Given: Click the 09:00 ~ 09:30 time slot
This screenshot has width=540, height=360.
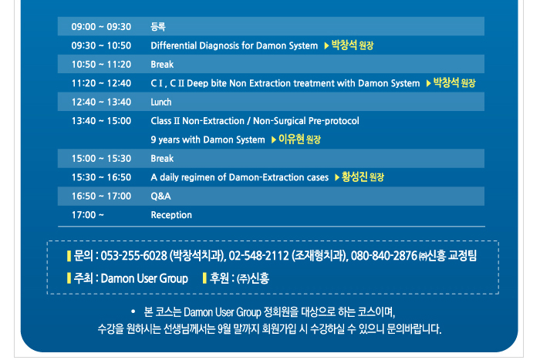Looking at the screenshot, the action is pyautogui.click(x=101, y=26).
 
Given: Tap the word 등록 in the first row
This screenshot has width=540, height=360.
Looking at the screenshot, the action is pyautogui.click(x=158, y=26).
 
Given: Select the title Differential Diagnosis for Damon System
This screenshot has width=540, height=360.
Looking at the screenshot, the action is pyautogui.click(x=235, y=45).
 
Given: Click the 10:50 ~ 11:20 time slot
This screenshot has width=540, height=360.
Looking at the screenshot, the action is pyautogui.click(x=101, y=64).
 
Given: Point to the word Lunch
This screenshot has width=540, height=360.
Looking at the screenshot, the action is pyautogui.click(x=160, y=102).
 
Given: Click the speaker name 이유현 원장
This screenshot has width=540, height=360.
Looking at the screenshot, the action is pyautogui.click(x=299, y=140).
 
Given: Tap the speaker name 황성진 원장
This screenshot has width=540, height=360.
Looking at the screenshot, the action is pyautogui.click(x=363, y=177).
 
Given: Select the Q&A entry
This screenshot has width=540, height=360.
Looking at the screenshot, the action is pyautogui.click(x=160, y=196).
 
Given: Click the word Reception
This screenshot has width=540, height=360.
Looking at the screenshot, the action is pyautogui.click(x=171, y=215).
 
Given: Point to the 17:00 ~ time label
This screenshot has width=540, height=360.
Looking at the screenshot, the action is pyautogui.click(x=87, y=215).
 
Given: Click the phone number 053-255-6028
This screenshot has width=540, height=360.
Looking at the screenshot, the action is pyautogui.click(x=134, y=256).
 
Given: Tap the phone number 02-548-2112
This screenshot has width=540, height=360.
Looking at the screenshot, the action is pyautogui.click(x=258, y=256).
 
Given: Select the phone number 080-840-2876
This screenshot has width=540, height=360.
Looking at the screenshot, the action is pyautogui.click(x=384, y=256).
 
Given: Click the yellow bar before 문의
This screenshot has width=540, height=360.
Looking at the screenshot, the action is pyautogui.click(x=69, y=256).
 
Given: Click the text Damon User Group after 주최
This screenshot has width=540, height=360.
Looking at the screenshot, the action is pyautogui.click(x=144, y=278).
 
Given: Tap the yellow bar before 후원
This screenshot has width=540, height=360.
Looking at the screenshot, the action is pyautogui.click(x=204, y=278).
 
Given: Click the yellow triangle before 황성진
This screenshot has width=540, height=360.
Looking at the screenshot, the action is pyautogui.click(x=337, y=177).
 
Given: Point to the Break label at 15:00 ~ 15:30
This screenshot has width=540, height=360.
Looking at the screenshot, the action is pyautogui.click(x=162, y=158).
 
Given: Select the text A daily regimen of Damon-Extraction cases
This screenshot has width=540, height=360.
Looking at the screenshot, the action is pyautogui.click(x=240, y=177).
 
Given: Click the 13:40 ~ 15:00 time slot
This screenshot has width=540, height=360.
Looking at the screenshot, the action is pyautogui.click(x=101, y=121).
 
